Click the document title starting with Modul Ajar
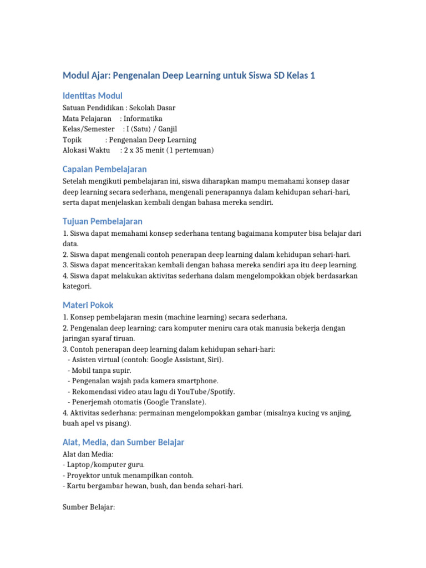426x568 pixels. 189,75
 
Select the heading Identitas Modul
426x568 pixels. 93,95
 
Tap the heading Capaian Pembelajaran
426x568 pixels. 105,169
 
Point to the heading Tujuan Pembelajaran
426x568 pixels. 103,221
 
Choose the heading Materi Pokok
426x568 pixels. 88,305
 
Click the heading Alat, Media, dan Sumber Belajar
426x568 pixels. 123,442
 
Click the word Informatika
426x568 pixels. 143,118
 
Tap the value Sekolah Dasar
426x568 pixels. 152,108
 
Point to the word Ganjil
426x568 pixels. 164,129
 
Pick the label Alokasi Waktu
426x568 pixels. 87,150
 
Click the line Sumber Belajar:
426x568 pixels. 89,506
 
